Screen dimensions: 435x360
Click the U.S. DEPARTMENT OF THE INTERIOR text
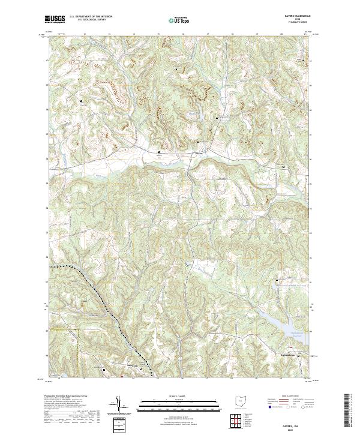tap(92, 17)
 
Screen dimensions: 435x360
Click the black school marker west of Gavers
tap(159, 153)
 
